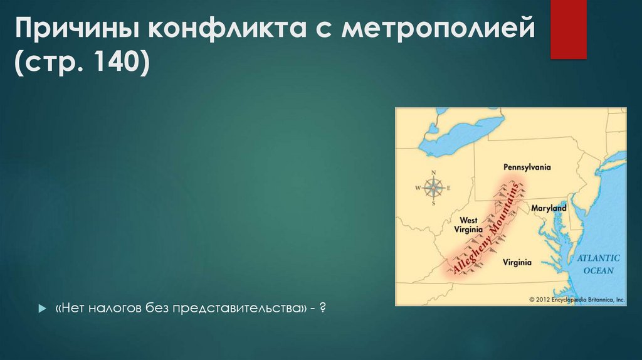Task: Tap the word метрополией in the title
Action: click(439, 29)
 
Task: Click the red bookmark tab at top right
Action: click(568, 29)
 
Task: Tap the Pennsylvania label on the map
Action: click(527, 167)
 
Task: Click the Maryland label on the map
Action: click(549, 208)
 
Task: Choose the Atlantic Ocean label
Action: click(598, 264)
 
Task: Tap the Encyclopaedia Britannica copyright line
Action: click(577, 300)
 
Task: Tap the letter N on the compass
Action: click(434, 173)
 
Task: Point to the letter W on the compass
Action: click(418, 188)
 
